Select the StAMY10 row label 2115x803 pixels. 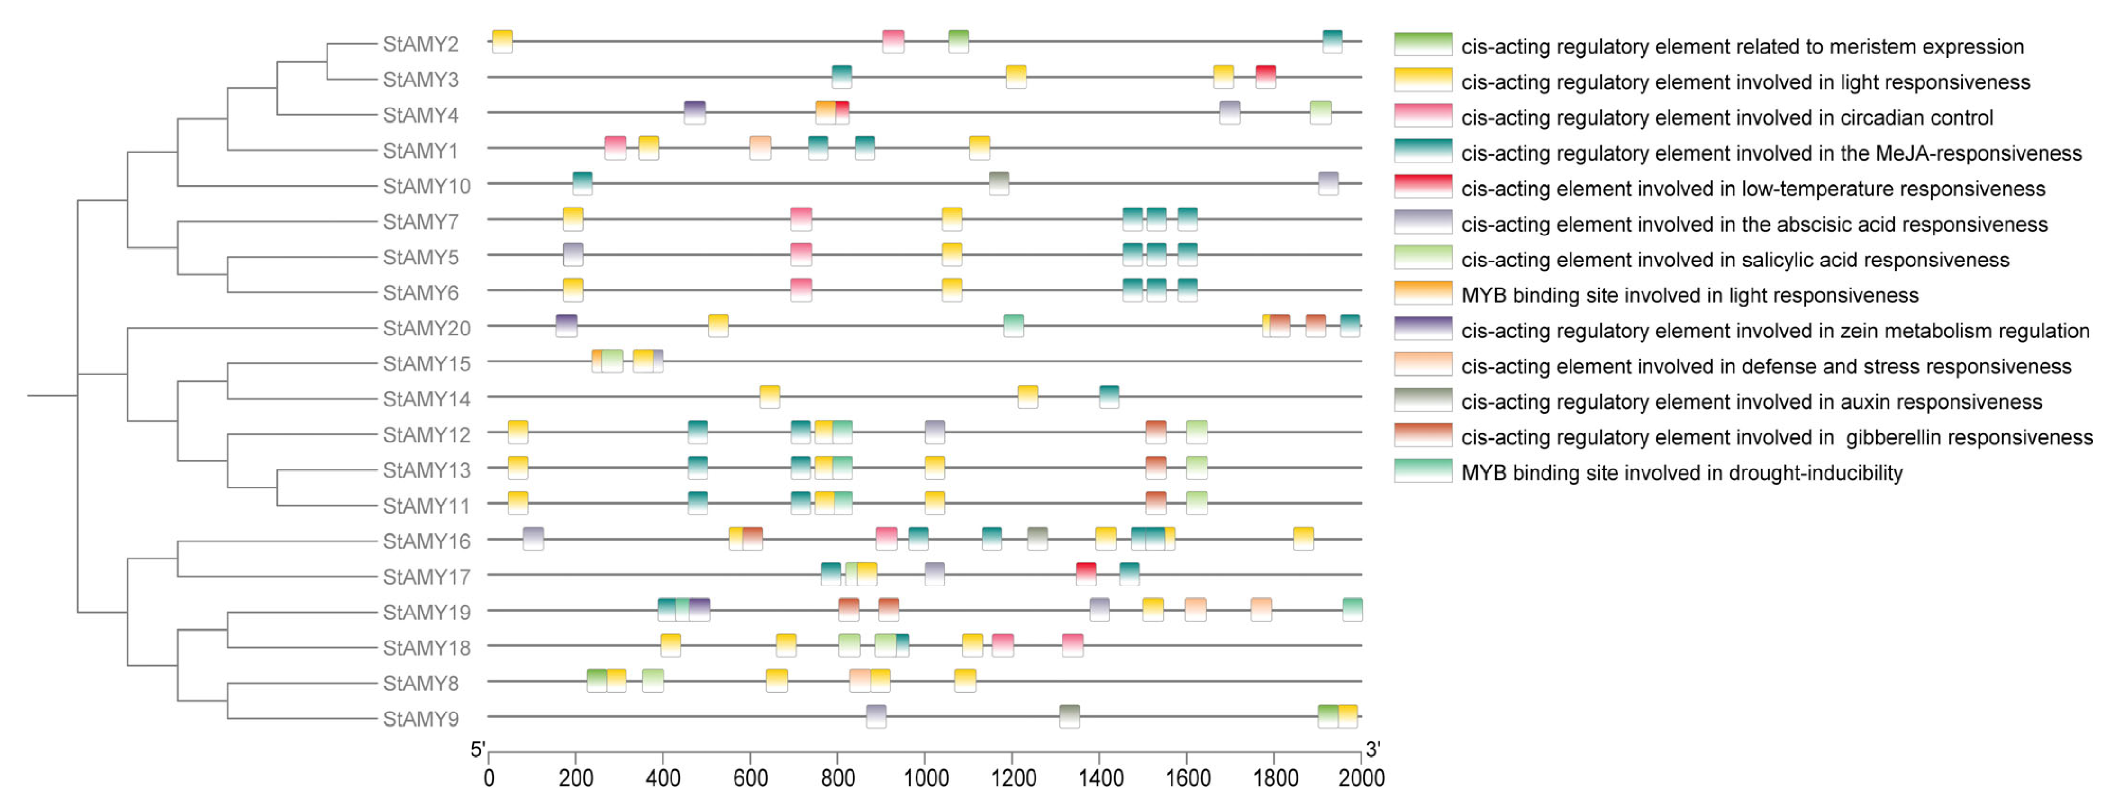click(x=426, y=186)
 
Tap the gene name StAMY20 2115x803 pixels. click(x=426, y=328)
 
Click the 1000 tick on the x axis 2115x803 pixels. click(x=926, y=777)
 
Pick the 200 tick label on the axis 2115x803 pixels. click(x=576, y=777)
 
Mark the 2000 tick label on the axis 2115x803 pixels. click(x=1362, y=777)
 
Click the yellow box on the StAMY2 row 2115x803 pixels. click(x=502, y=41)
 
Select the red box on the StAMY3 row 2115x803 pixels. click(x=1265, y=76)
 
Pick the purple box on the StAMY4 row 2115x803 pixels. click(x=695, y=112)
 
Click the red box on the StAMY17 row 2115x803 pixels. click(x=1085, y=574)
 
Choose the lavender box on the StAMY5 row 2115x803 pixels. click(x=573, y=254)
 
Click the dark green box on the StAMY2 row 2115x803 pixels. click(x=958, y=41)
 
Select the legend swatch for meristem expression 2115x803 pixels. click(x=1423, y=45)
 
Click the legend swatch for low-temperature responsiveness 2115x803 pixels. click(x=1423, y=186)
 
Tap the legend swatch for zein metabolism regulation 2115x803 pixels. click(x=1423, y=328)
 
